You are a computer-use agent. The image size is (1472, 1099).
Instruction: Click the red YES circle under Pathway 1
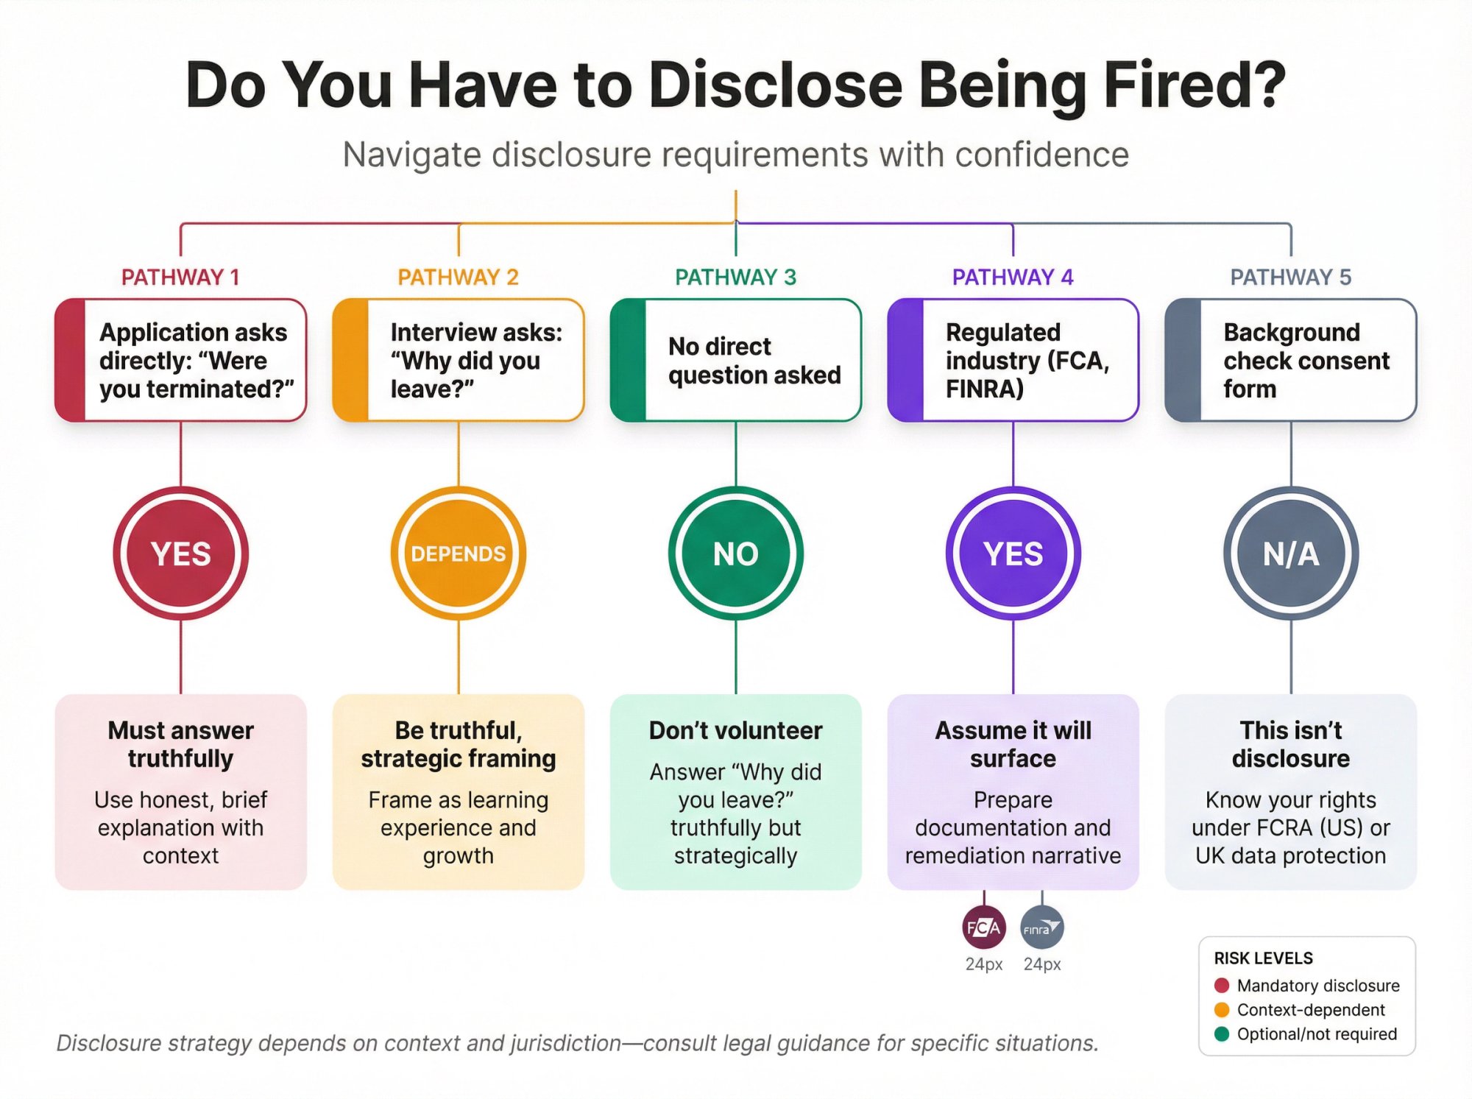click(x=180, y=554)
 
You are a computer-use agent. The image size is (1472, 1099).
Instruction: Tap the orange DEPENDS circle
click(x=458, y=554)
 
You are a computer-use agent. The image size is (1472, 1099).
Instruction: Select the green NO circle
click(x=735, y=554)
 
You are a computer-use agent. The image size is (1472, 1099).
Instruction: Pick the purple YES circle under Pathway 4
click(x=1013, y=554)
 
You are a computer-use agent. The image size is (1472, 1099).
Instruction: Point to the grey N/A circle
click(x=1291, y=554)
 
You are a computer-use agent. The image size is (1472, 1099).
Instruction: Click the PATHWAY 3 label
click(x=735, y=277)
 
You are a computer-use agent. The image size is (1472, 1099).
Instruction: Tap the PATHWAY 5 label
click(x=1290, y=277)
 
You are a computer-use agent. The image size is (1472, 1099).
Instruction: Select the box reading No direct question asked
click(x=736, y=360)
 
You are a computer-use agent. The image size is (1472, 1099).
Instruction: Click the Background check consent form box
click(x=1291, y=360)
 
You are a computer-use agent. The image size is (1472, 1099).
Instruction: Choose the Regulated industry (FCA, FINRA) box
click(x=1013, y=360)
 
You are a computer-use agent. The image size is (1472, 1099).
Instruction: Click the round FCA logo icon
click(x=983, y=927)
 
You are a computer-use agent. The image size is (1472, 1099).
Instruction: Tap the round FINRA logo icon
click(x=1041, y=927)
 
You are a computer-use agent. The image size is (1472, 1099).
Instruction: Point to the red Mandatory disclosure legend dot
click(x=1222, y=986)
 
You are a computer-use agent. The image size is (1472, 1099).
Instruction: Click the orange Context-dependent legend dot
click(x=1222, y=1010)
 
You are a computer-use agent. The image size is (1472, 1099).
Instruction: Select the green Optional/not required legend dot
click(x=1222, y=1034)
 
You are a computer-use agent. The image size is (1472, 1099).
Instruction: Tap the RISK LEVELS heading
click(x=1263, y=958)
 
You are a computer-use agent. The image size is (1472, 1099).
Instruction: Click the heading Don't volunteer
click(x=735, y=730)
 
